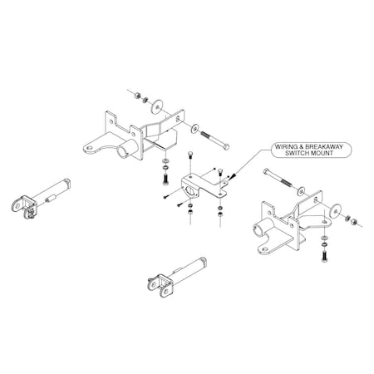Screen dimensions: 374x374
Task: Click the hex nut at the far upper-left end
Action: tap(135, 96)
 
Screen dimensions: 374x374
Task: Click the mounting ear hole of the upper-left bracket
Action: tap(89, 149)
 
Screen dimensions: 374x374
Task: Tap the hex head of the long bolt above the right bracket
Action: tap(266, 171)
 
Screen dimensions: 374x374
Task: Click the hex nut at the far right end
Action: tap(354, 222)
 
